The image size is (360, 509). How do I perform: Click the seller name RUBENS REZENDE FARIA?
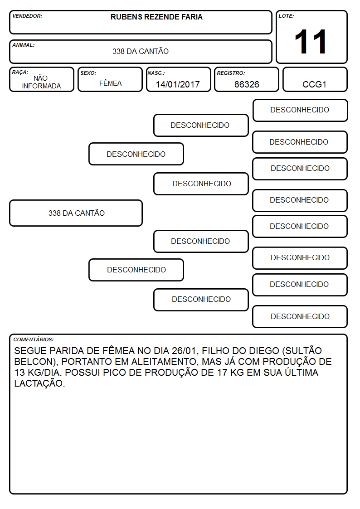156,17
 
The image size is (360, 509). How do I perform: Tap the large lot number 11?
311,42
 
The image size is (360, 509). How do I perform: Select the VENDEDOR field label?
27,16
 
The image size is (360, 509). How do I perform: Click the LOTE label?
286,16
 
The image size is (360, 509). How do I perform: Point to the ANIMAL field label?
24,45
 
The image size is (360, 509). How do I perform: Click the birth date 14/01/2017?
178,84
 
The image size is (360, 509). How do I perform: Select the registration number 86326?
247,84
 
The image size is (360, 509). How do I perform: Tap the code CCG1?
314,84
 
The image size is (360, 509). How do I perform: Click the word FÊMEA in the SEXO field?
110,83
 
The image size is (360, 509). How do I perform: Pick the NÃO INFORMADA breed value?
41,82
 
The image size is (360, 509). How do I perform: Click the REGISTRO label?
231,73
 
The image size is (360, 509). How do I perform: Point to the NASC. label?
156,73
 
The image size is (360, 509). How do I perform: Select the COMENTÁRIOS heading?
34,339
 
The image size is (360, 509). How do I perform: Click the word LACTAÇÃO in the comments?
39,383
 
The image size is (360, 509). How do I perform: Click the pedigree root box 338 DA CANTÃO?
76,213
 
